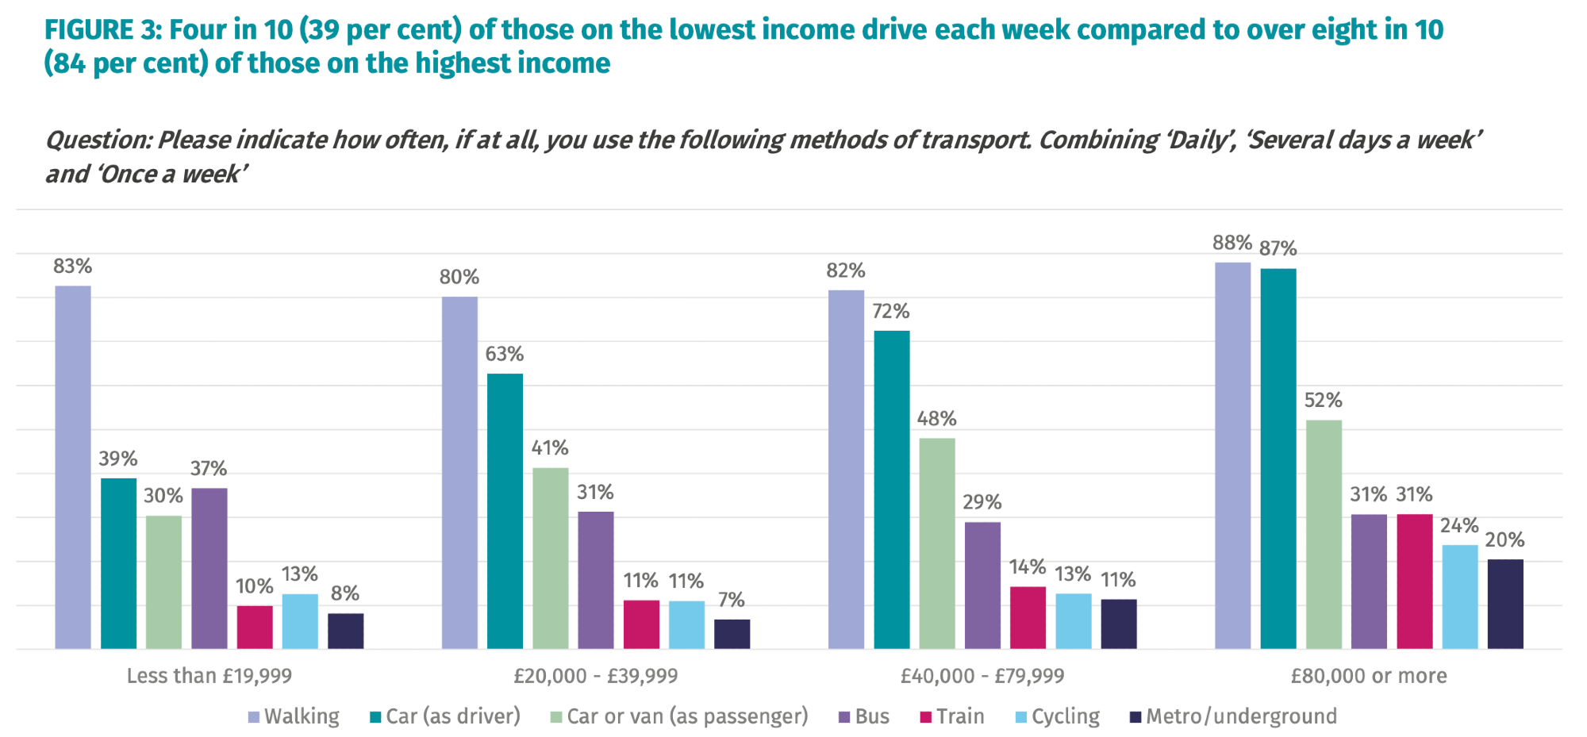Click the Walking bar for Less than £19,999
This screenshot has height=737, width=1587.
[73, 467]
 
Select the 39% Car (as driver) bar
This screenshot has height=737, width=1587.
[118, 563]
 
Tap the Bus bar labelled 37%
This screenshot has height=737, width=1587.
[209, 568]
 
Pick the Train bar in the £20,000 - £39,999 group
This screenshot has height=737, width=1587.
[641, 624]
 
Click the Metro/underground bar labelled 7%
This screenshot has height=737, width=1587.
[732, 634]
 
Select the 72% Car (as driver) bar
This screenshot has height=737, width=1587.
[892, 489]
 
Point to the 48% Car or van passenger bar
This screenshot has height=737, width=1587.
[937, 543]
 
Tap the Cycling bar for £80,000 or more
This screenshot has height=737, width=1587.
[1460, 597]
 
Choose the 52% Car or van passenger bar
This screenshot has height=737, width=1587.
[1324, 534]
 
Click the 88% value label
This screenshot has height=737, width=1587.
[1232, 243]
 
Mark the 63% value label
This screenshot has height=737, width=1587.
[505, 354]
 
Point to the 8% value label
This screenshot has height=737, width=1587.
[345, 593]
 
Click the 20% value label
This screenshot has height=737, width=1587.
[1504, 540]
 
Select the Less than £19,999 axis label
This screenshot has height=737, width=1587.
[209, 676]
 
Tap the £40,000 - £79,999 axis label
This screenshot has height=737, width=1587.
[982, 676]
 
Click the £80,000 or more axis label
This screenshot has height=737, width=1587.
[1369, 676]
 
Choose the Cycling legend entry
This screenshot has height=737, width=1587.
[1058, 716]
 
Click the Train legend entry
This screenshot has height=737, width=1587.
[952, 716]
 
